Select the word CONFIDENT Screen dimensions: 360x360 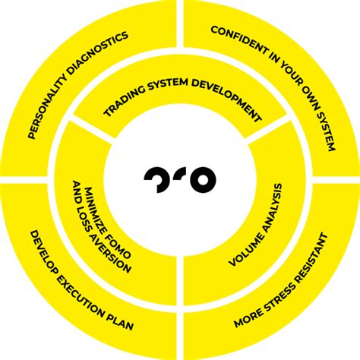pos(238,40)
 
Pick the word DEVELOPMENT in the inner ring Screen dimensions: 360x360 pos(226,97)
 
